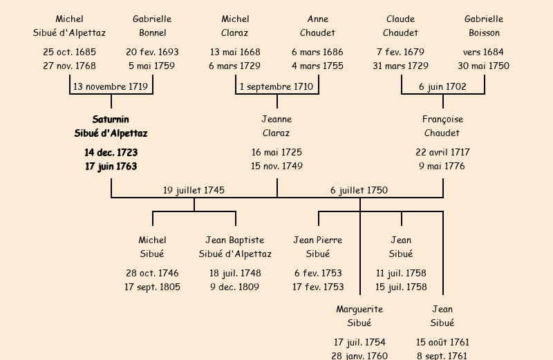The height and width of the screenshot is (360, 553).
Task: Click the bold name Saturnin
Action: tap(111, 120)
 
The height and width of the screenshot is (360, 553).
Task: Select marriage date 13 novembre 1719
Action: tap(111, 87)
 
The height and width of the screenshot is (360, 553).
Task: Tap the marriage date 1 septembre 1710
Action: tap(276, 87)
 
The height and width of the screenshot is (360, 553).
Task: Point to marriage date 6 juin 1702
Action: tap(442, 87)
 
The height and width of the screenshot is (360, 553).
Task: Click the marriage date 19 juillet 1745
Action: tap(194, 190)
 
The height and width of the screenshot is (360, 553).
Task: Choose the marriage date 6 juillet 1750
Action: tap(359, 190)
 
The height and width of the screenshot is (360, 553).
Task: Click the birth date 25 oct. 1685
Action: tap(69, 52)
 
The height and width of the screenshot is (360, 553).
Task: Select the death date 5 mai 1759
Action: tap(152, 66)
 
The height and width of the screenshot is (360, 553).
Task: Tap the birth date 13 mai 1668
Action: tap(235, 52)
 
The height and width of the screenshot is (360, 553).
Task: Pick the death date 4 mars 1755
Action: tap(317, 66)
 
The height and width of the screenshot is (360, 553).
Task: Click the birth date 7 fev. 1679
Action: tap(401, 52)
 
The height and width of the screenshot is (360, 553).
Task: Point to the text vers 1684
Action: tap(483, 52)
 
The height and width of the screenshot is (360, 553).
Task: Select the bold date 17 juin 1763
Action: tap(111, 167)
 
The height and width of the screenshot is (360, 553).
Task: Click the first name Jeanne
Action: tap(276, 120)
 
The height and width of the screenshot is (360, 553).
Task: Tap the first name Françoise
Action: tap(442, 120)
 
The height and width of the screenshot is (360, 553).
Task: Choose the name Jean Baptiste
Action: tap(235, 240)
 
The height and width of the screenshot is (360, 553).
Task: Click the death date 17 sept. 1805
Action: tap(152, 287)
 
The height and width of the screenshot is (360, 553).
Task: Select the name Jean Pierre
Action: tap(318, 240)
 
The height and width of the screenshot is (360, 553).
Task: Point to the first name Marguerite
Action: tap(359, 309)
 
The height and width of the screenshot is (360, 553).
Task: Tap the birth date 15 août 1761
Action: tap(442, 342)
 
